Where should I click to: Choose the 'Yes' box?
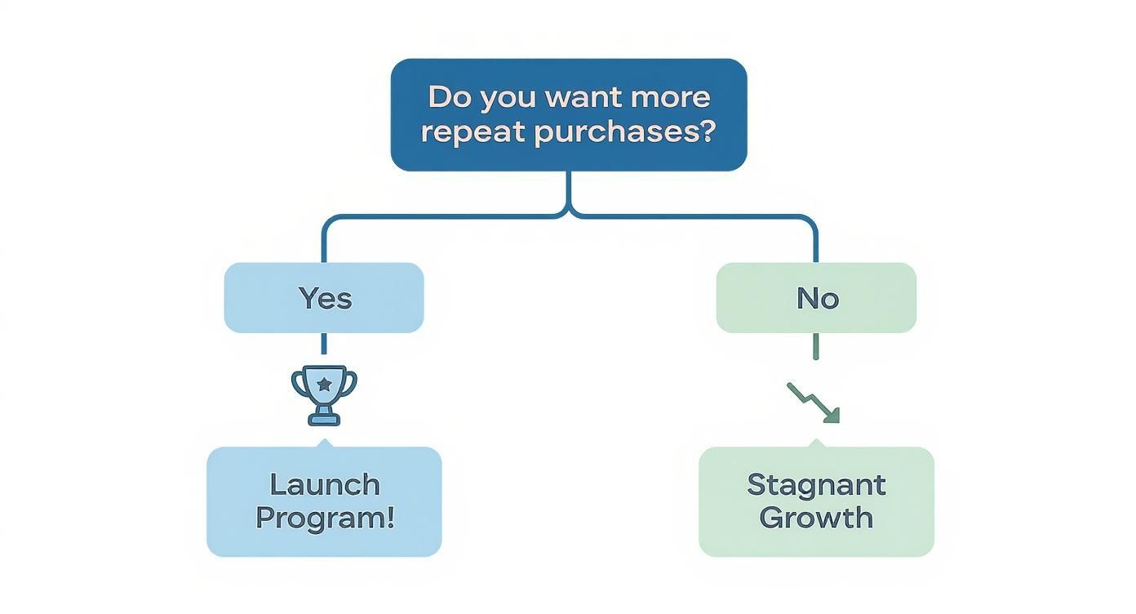click(324, 298)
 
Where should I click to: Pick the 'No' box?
click(816, 298)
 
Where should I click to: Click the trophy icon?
click(324, 394)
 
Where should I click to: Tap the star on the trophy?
click(324, 383)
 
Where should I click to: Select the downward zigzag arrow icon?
click(813, 403)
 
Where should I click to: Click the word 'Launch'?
click(324, 484)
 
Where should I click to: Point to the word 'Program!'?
click(324, 518)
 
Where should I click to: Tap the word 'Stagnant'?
click(816, 484)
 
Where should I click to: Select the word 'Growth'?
click(816, 518)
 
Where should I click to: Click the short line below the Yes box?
click(324, 344)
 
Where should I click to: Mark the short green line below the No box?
click(816, 346)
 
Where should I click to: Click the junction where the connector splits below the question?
click(569, 215)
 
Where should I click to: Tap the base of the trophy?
click(324, 420)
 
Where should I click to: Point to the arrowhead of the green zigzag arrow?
click(832, 416)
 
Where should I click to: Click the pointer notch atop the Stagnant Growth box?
click(816, 443)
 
